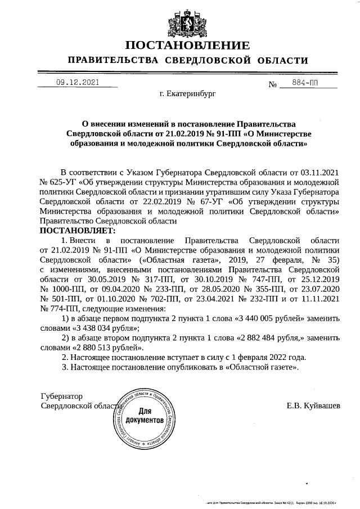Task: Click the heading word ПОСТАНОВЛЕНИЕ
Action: point(187,45)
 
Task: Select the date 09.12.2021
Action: point(77,83)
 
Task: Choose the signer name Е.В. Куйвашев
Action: point(313,406)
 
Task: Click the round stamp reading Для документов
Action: point(145,417)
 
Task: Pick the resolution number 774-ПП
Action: point(60,308)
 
